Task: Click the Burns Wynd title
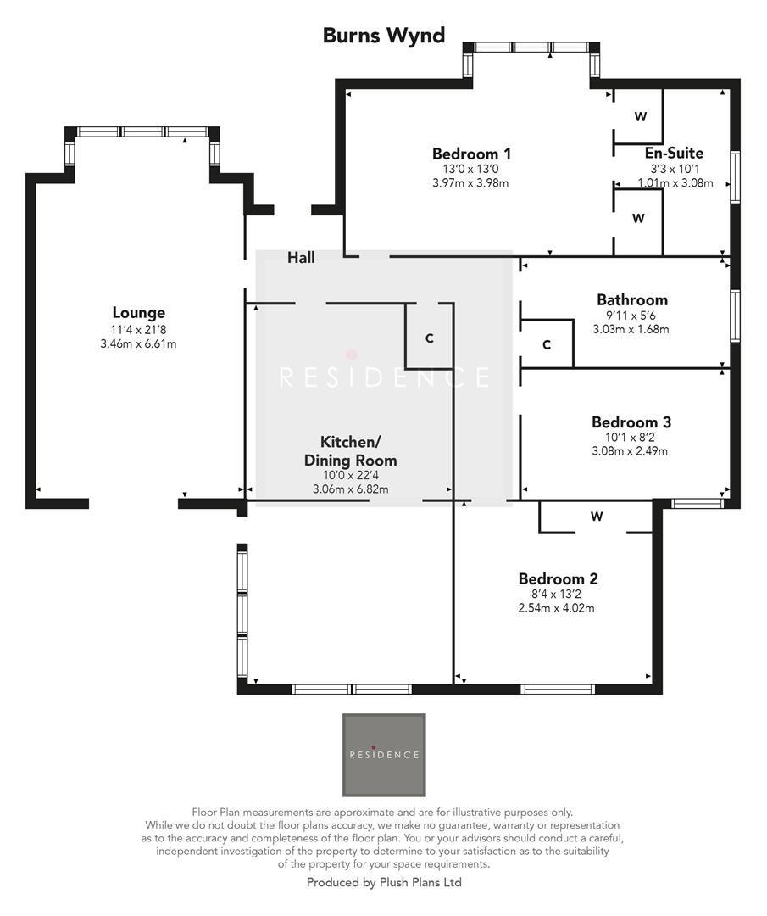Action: (383, 36)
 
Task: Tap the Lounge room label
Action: (138, 313)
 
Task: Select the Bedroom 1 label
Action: (471, 154)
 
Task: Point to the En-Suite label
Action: (674, 154)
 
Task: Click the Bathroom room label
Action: (631, 299)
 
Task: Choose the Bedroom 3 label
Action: (631, 422)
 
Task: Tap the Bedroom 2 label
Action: (558, 579)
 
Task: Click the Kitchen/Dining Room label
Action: (350, 451)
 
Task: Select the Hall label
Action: (301, 257)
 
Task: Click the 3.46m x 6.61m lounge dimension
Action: (138, 343)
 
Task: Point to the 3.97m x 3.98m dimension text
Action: (470, 182)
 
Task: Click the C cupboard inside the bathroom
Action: (547, 344)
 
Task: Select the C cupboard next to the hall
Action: (430, 338)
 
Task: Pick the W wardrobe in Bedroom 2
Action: (597, 517)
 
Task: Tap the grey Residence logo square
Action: (384, 755)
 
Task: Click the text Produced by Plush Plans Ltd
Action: (383, 882)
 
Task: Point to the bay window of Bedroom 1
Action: (531, 48)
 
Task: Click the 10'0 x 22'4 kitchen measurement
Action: (350, 476)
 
